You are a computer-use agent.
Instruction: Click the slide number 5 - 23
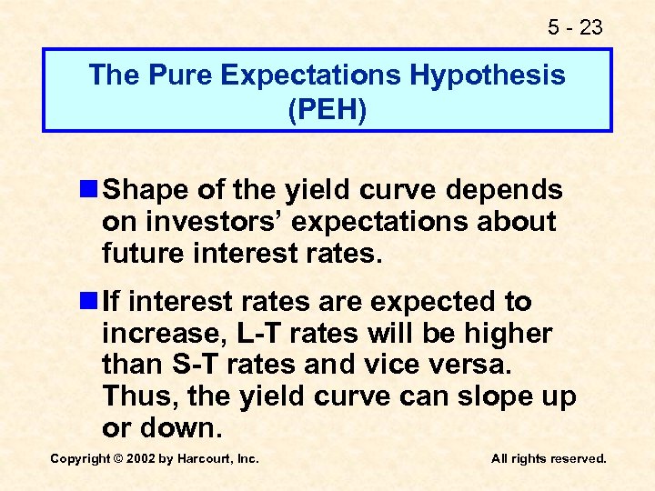(x=575, y=27)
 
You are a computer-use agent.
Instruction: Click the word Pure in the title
(x=170, y=75)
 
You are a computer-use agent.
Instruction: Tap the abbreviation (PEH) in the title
(x=327, y=110)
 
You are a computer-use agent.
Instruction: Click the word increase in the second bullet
(x=164, y=334)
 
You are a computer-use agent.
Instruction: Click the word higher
(x=508, y=334)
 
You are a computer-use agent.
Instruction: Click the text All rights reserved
(x=549, y=459)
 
